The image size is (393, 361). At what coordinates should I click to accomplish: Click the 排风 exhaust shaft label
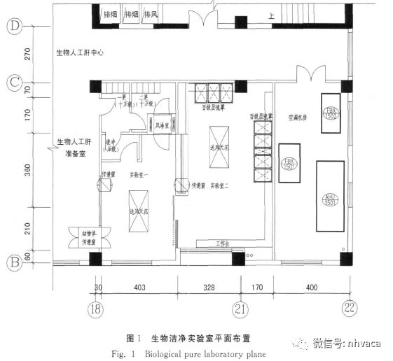pos(151,13)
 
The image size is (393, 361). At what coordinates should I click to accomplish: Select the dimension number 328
pos(209,287)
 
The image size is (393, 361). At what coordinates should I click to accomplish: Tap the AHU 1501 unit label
pos(331,198)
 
